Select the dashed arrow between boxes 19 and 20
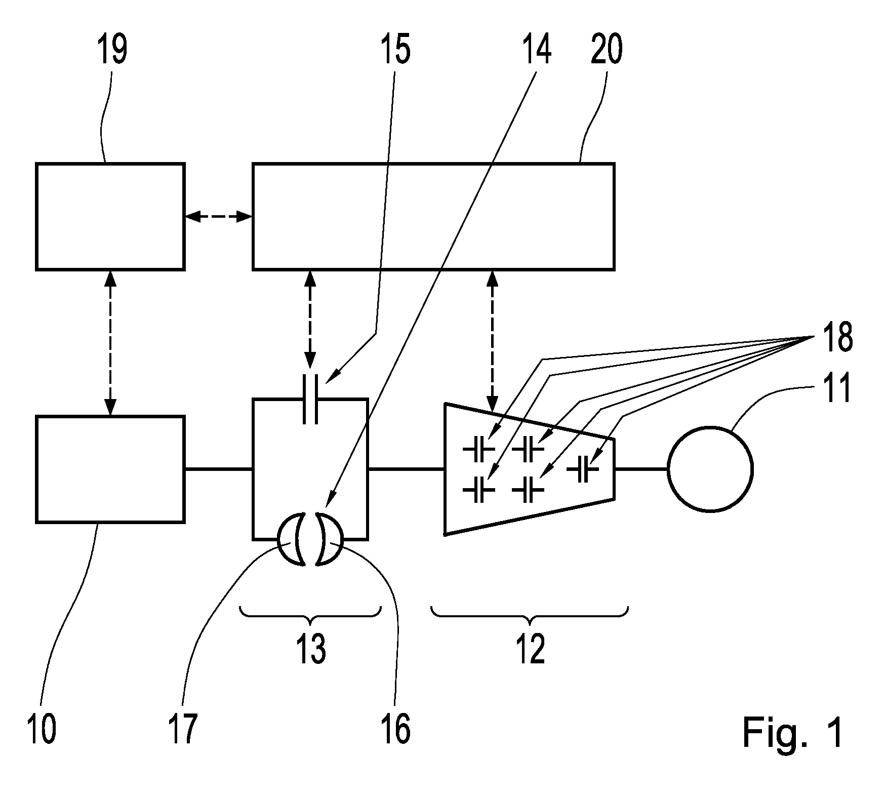pos(218,217)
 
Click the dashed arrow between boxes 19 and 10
pos(110,343)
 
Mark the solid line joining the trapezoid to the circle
pos(641,469)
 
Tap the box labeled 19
pos(110,216)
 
